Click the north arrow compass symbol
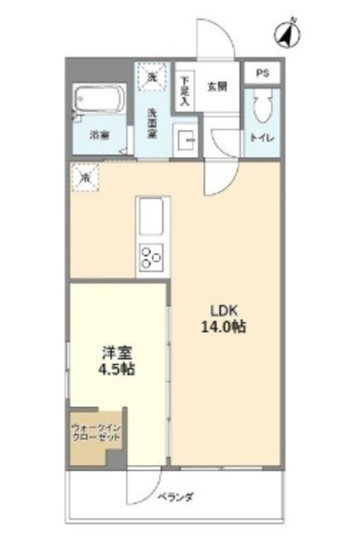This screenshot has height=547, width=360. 286,35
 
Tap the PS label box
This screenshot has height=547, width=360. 263,74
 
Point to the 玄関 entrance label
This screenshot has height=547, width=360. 217,85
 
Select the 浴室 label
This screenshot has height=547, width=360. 100,135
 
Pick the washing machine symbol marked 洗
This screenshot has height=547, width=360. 152,78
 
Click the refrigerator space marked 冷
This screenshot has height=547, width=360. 85,178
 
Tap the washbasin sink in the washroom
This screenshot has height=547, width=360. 185,138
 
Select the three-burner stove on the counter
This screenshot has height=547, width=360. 152,256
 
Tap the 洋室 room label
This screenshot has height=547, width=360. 117,352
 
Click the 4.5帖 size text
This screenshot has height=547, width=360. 117,369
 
